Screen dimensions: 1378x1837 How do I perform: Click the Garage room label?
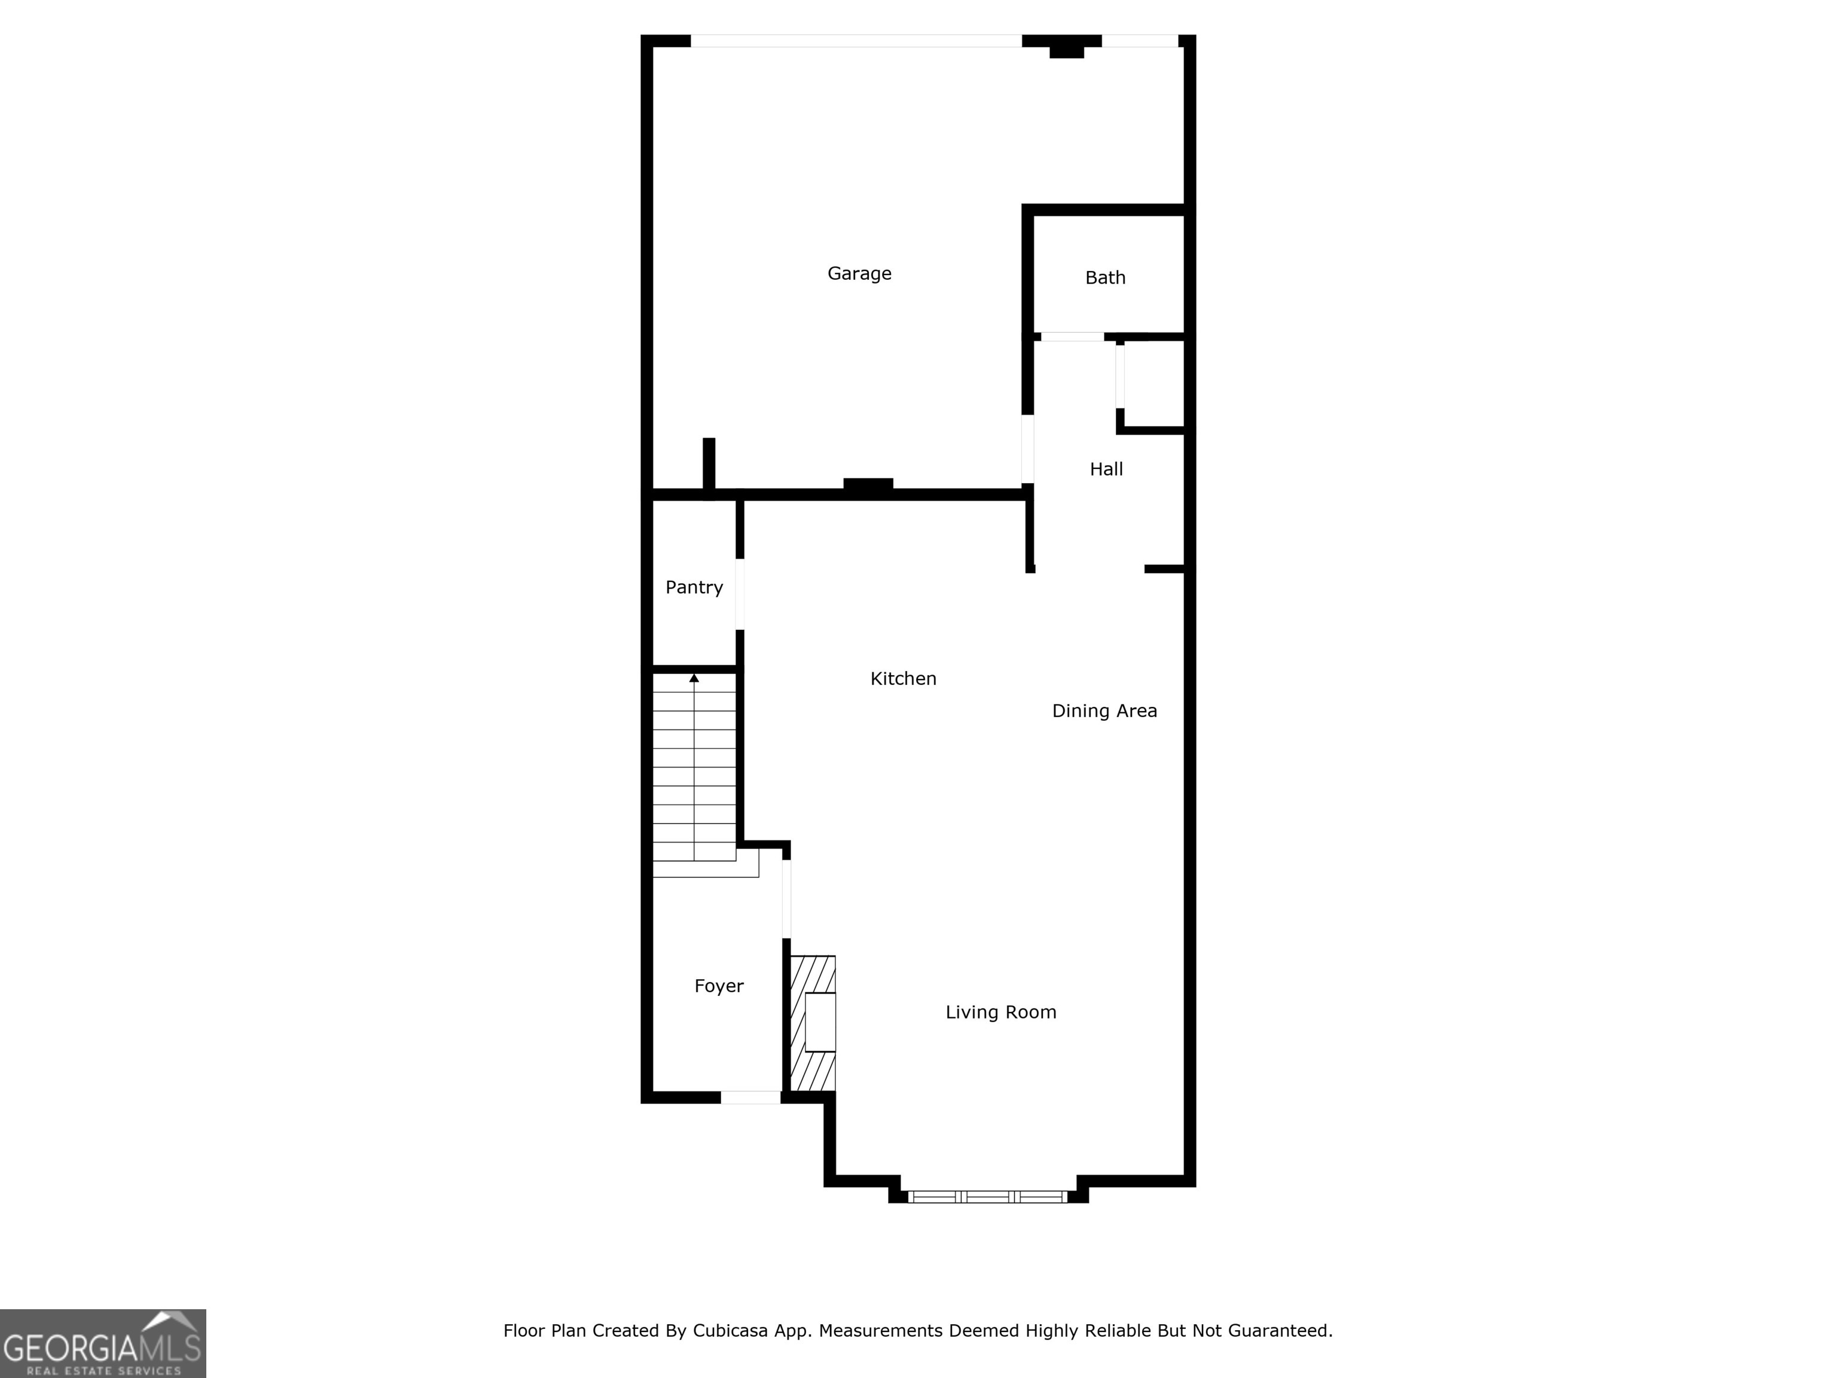[x=859, y=273]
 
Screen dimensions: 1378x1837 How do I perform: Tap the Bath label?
[x=1104, y=278]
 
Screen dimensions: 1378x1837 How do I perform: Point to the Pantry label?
[x=694, y=587]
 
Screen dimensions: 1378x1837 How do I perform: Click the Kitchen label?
[x=903, y=679]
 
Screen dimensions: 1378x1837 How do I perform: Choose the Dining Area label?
[x=1104, y=711]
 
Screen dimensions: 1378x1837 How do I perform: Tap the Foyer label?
[x=718, y=986]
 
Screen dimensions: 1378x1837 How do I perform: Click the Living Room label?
[x=1000, y=1012]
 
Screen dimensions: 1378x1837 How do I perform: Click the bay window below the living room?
[x=987, y=1196]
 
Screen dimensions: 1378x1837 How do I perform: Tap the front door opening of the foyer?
[x=750, y=1097]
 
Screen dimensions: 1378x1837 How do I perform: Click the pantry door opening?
[x=740, y=594]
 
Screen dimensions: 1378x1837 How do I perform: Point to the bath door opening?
[x=1072, y=336]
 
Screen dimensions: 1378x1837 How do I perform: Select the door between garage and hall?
[x=1027, y=449]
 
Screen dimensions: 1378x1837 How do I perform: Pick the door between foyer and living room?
[x=786, y=899]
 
